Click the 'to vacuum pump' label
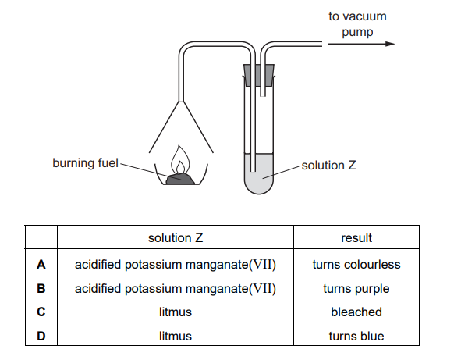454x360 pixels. point(357,24)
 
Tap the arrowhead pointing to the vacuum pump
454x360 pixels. point(390,44)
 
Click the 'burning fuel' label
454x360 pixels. point(85,163)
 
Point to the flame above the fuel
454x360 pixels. point(180,160)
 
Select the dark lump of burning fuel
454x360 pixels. point(180,179)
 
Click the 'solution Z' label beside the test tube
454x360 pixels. point(329,166)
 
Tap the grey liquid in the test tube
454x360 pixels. point(259,174)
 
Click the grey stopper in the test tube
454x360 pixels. point(259,75)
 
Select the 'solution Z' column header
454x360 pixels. point(176,238)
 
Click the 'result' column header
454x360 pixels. point(356,238)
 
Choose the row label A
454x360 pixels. point(41,265)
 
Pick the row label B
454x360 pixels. point(41,288)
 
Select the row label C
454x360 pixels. point(41,312)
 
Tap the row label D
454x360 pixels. point(41,337)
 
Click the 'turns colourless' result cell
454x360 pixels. point(356,265)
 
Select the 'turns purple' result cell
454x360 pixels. point(356,289)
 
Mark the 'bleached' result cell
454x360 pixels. point(356,312)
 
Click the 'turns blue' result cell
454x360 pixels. point(356,337)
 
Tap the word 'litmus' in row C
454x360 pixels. point(176,312)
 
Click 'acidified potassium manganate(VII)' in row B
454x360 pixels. point(176,289)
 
